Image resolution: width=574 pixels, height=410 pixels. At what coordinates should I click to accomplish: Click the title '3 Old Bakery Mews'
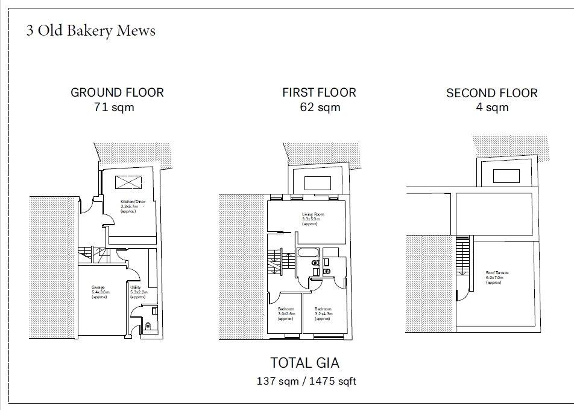[90, 31]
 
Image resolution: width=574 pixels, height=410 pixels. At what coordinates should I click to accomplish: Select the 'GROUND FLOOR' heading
[117, 93]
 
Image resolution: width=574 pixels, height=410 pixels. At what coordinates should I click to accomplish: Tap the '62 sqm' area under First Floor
[320, 108]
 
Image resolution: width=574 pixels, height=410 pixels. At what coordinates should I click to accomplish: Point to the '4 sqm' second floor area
[492, 108]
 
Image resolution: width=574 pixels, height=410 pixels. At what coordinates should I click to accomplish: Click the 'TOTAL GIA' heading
[304, 363]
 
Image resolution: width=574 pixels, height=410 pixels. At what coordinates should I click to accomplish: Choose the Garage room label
[99, 292]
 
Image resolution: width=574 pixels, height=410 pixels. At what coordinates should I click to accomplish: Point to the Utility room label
[138, 292]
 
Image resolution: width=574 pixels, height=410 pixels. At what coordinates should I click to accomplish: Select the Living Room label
[314, 219]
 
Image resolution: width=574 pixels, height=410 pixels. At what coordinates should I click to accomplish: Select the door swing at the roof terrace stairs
[462, 293]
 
